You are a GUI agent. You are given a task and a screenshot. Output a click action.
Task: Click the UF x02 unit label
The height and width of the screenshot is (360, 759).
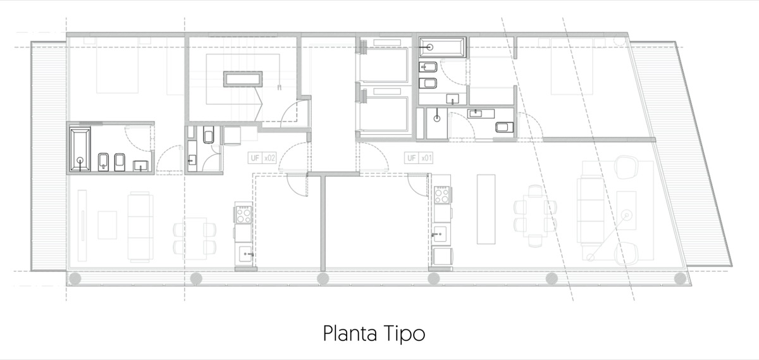[262, 158]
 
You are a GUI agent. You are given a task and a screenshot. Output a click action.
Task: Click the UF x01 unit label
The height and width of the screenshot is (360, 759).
[419, 158]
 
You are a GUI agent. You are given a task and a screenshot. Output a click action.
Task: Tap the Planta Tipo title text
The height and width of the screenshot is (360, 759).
[374, 333]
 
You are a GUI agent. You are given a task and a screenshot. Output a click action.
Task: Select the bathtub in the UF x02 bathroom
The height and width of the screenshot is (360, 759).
[80, 149]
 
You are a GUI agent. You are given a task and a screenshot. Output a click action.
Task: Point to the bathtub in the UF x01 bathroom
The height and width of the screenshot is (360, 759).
[442, 47]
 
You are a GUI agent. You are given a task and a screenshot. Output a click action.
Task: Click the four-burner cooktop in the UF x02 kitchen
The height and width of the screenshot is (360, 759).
[244, 214]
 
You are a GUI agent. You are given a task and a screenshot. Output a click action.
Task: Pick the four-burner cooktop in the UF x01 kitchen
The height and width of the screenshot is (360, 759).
[442, 195]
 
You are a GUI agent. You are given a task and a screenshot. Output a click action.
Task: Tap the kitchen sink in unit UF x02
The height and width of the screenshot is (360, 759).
[245, 254]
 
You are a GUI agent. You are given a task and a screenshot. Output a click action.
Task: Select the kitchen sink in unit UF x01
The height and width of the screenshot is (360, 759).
[440, 234]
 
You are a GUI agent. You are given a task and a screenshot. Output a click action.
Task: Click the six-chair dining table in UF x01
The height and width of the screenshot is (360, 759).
[535, 216]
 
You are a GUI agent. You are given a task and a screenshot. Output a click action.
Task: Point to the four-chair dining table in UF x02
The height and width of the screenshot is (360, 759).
[195, 239]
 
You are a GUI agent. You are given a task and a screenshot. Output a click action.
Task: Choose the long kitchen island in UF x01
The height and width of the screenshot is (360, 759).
[486, 209]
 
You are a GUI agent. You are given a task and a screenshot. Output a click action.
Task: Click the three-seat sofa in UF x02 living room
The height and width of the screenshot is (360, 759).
[139, 227]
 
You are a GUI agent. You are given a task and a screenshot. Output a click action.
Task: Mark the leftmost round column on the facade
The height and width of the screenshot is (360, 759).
[75, 278]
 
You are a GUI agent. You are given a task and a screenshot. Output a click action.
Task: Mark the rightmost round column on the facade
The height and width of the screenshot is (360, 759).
[680, 278]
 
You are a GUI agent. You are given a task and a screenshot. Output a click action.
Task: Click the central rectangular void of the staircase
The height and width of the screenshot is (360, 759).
[243, 79]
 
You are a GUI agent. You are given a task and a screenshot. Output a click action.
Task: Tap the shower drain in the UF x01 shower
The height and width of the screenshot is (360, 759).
[437, 118]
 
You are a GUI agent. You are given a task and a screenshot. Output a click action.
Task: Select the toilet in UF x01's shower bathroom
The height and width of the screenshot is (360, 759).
[505, 127]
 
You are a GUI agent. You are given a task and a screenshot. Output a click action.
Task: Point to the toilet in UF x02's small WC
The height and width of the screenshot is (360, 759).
[208, 135]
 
